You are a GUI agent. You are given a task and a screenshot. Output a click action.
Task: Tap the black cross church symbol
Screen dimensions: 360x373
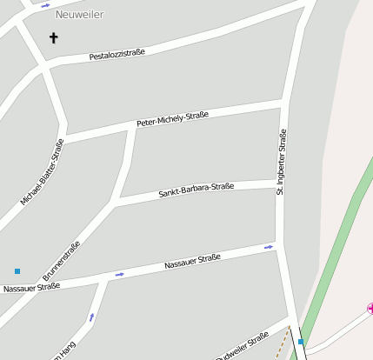point(54,38)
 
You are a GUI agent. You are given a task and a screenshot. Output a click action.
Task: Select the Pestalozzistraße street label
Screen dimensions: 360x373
point(117,55)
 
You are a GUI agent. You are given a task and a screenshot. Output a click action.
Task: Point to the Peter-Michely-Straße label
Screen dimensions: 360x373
point(172,119)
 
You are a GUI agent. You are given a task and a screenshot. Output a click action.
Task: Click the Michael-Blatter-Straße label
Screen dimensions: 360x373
point(42,172)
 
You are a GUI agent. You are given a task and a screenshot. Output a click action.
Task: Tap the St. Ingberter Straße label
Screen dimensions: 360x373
point(281,162)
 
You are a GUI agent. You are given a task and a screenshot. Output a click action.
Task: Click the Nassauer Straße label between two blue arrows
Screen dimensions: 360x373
point(192,261)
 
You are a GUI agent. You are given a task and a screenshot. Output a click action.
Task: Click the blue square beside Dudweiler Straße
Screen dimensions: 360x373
point(301,342)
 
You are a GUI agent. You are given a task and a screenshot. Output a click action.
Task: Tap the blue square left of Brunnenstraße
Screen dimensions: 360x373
point(17,271)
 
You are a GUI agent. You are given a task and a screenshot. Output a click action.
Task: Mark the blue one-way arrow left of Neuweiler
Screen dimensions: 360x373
point(45,5)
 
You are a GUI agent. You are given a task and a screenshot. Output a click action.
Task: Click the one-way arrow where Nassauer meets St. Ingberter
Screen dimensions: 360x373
point(269,247)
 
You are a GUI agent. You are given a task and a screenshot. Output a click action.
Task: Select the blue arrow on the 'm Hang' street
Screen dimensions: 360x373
point(91,317)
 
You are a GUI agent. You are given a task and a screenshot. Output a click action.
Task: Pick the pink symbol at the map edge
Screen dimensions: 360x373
point(370,308)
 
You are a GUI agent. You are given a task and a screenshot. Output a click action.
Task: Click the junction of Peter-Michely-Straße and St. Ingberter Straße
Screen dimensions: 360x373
point(283,104)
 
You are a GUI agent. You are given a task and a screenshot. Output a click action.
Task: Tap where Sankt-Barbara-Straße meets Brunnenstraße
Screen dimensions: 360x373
point(116,202)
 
